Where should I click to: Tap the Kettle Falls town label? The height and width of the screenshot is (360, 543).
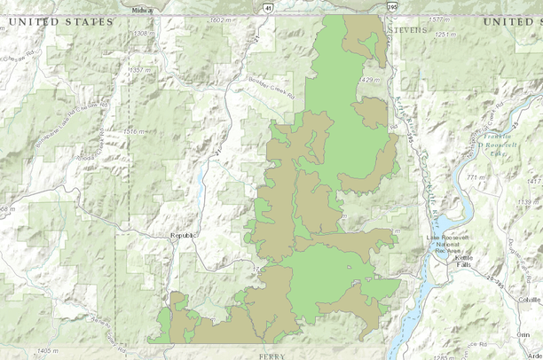[465, 262]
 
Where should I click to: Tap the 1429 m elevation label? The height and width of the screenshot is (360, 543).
[369, 80]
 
